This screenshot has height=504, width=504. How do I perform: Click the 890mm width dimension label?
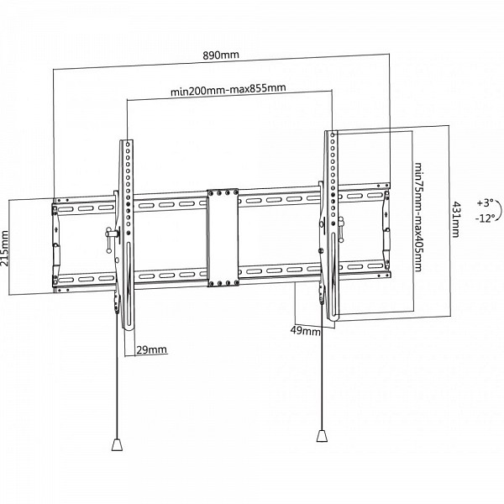(221, 55)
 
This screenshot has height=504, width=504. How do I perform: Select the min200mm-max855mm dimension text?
(228, 89)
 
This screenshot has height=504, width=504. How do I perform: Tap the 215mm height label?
(5, 248)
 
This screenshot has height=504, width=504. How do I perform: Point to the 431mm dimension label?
(456, 219)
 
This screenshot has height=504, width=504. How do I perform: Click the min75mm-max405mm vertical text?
(417, 217)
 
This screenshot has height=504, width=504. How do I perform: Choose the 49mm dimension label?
(306, 330)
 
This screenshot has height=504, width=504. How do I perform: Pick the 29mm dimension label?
(152, 349)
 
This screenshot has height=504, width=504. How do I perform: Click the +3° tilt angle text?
(485, 203)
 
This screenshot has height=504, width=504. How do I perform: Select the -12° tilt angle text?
(485, 218)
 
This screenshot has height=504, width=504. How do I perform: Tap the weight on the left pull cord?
(117, 444)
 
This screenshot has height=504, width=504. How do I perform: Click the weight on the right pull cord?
(322, 435)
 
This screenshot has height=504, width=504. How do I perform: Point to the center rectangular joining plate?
(223, 238)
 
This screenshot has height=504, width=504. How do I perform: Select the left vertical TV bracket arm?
(128, 234)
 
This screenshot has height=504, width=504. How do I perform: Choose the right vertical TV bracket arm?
(332, 225)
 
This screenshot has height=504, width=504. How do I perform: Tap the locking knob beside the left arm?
(111, 239)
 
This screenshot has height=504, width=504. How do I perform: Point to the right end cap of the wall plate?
(386, 230)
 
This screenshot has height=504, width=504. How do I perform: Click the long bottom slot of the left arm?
(129, 284)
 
